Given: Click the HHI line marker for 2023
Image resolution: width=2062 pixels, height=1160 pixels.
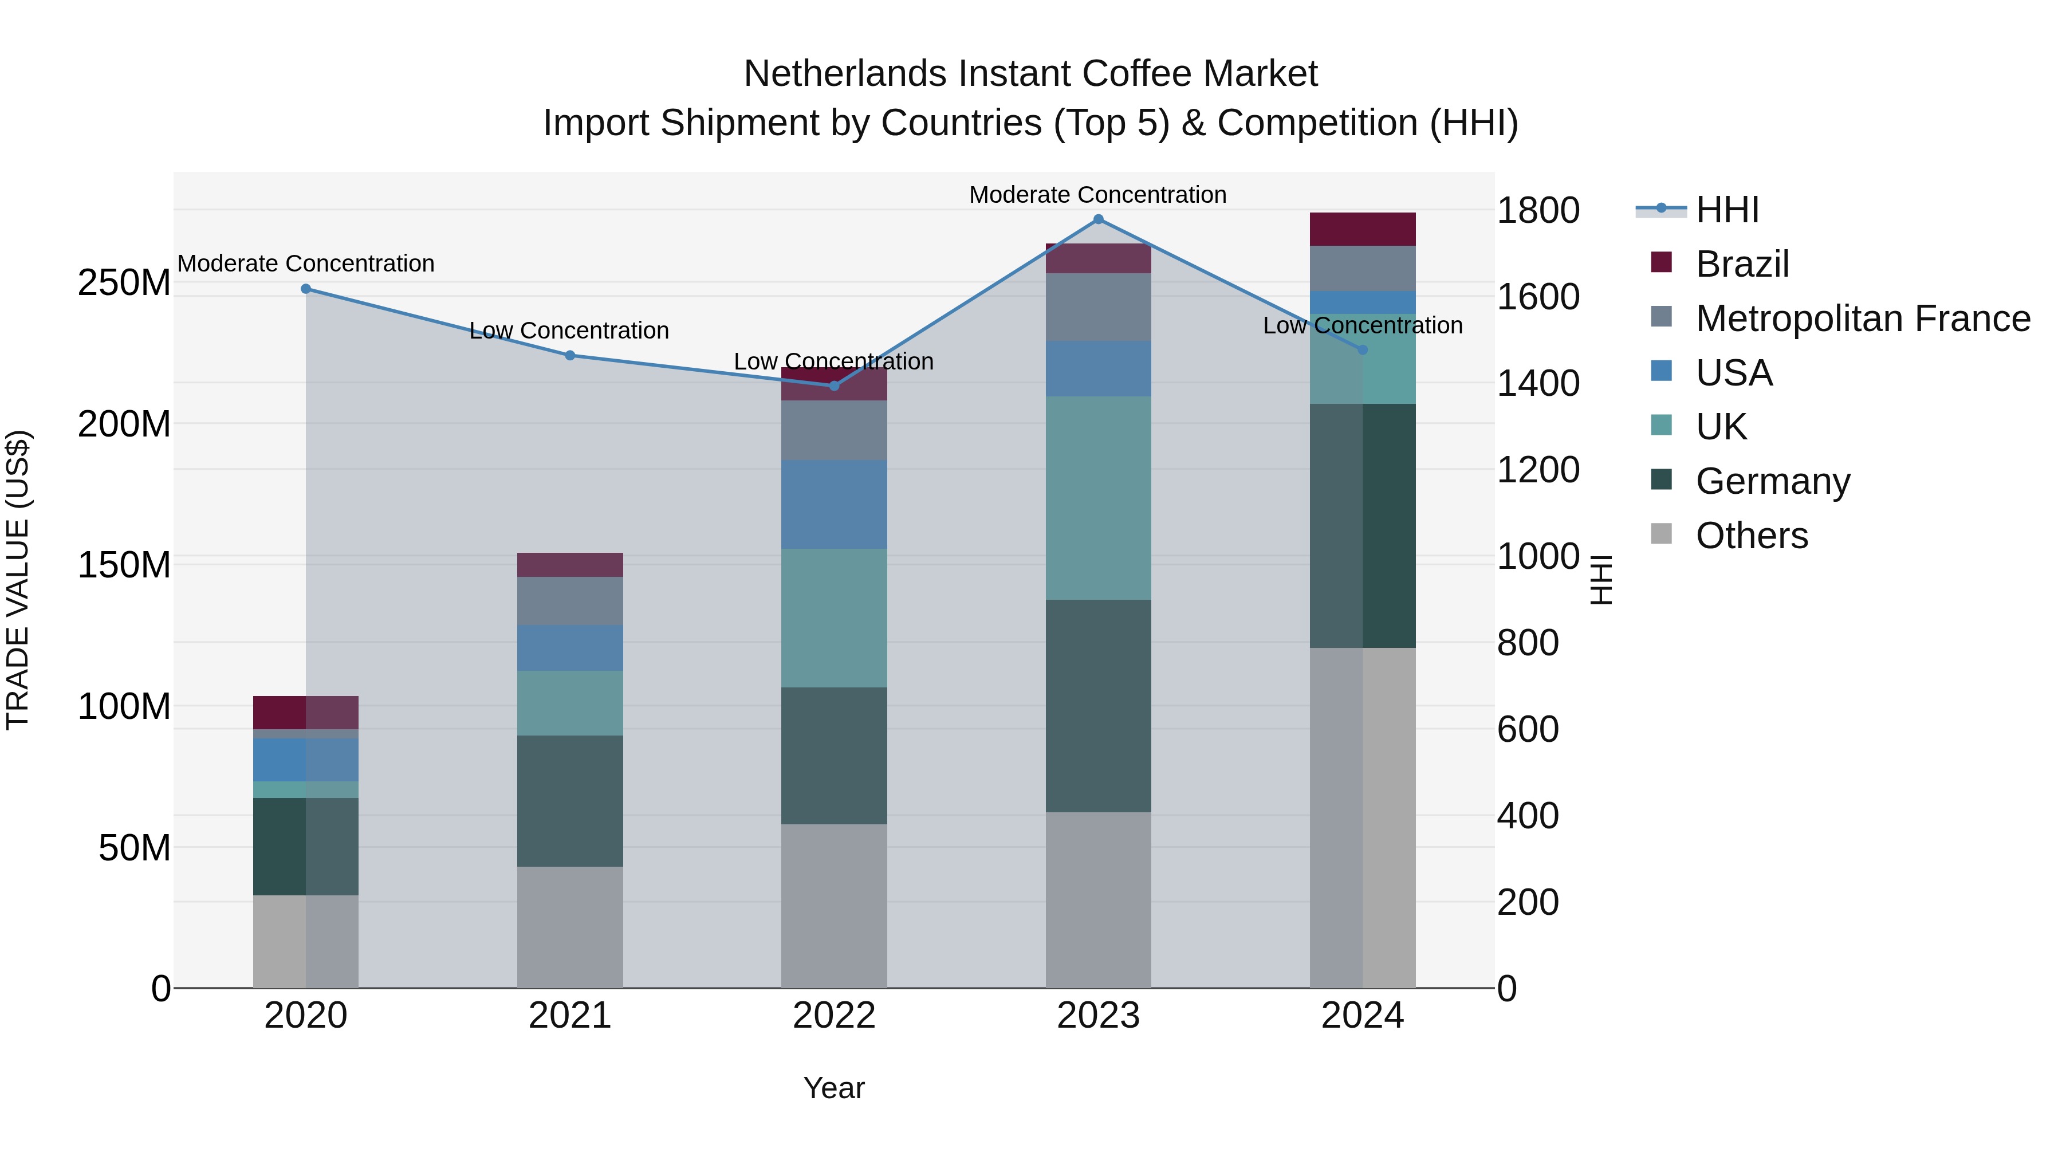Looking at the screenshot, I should [x=1098, y=219].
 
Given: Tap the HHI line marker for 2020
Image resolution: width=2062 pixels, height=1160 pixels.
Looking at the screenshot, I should [x=306, y=289].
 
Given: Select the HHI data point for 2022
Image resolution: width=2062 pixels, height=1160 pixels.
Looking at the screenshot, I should [x=834, y=386].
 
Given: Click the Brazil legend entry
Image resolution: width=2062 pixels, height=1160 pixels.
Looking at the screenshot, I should [x=1742, y=264].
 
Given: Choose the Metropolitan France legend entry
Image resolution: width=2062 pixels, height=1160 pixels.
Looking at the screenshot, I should [x=1862, y=318].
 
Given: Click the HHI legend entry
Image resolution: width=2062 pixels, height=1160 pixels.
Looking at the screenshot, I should [x=1726, y=210].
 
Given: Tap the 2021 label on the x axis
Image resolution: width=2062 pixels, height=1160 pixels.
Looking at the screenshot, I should [x=570, y=1016].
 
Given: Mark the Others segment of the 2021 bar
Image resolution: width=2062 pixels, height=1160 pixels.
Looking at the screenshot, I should [x=570, y=927].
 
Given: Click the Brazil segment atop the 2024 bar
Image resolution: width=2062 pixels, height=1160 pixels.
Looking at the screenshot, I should [x=1363, y=229].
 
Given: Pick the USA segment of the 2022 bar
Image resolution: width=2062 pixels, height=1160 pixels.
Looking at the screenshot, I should [x=834, y=504].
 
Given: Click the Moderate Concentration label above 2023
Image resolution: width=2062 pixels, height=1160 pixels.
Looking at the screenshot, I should [x=1097, y=195].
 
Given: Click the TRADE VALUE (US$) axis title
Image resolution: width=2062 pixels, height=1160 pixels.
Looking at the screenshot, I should [x=18, y=580].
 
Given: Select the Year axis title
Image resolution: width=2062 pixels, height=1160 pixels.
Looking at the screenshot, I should [x=834, y=1088].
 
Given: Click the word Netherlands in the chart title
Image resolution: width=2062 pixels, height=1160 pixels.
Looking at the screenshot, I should [x=846, y=74].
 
